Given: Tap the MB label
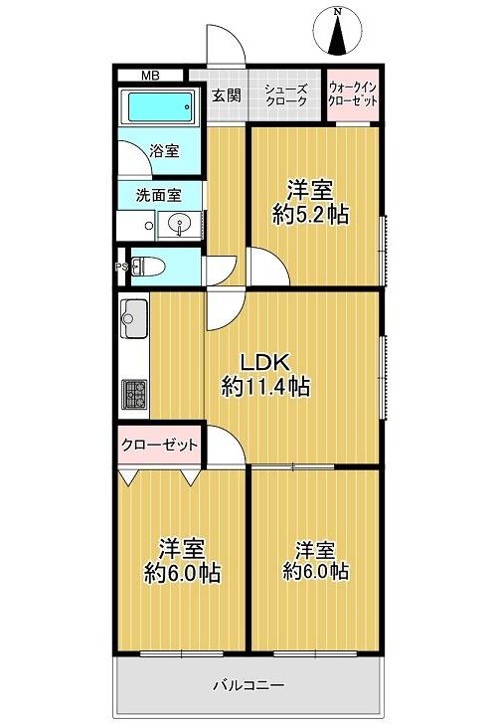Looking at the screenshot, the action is tap(150, 76).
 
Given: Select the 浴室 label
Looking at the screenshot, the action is tap(164, 151).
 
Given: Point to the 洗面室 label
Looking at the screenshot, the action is tap(158, 195).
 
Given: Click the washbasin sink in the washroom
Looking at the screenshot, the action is tap(180, 225).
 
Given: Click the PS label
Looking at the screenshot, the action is tap(121, 267).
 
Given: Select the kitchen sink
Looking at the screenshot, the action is tap(134, 318).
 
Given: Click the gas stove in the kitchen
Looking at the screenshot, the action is tap(134, 395).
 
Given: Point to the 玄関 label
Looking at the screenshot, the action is tap(227, 95).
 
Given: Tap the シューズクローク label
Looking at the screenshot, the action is tap(286, 94).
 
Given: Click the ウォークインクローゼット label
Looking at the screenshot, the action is tap(353, 94).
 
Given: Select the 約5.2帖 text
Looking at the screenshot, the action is tap(310, 215).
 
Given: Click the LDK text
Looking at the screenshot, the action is tap(266, 363).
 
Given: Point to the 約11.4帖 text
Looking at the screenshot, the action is tap(265, 386).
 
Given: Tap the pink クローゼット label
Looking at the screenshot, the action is tap(159, 446).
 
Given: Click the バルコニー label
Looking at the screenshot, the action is tap(248, 685).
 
